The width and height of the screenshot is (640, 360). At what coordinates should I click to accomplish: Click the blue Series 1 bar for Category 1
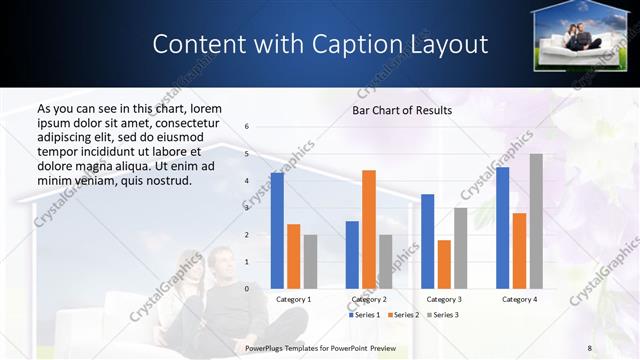(x=277, y=230)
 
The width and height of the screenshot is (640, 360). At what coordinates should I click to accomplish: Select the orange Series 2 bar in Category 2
(x=369, y=229)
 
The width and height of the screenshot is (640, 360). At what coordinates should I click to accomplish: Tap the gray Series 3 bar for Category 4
(x=536, y=221)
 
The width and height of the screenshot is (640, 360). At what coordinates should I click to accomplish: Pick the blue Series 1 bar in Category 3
(x=427, y=241)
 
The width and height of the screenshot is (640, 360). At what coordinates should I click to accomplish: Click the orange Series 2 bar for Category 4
(x=519, y=250)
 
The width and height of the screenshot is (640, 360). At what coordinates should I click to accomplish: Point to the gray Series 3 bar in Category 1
(x=310, y=261)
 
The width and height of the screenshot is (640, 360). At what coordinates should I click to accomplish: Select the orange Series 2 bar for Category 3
(x=444, y=264)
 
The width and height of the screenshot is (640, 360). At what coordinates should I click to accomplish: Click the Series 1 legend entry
(x=365, y=315)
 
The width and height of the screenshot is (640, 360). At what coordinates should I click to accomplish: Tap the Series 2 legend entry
(x=405, y=315)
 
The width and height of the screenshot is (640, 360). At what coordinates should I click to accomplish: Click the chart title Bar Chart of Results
(x=402, y=110)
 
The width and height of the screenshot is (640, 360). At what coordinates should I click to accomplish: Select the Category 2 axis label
(x=369, y=299)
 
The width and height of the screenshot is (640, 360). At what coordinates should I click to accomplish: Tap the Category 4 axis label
(x=519, y=299)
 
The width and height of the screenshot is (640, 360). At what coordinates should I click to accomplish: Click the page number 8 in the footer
(x=590, y=346)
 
